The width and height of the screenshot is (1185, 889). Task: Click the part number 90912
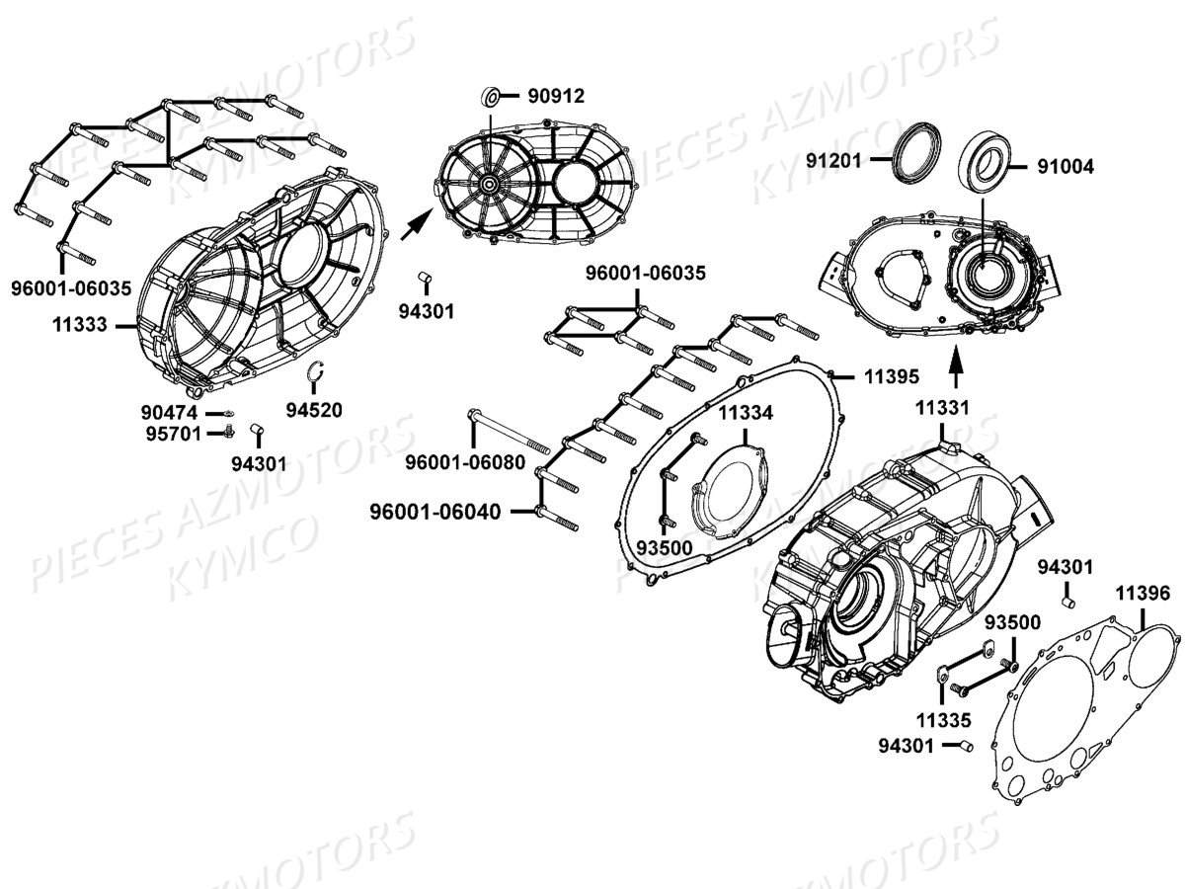tap(556, 96)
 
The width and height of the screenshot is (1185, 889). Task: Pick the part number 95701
tap(170, 433)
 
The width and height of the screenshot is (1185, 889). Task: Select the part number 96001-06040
tap(435, 511)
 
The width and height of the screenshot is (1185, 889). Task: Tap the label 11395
tap(892, 376)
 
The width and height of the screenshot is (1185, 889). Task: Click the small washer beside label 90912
tap(489, 96)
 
